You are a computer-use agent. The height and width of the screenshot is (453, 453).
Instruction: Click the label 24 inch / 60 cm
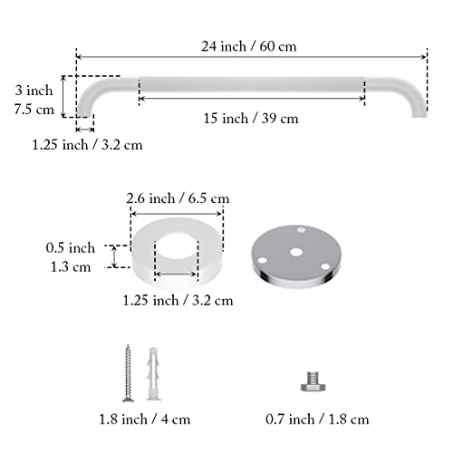pyautogui.click(x=249, y=46)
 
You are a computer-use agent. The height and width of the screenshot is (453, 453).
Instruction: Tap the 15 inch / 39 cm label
pyautogui.click(x=251, y=118)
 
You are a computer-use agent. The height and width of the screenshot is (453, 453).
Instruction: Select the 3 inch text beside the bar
pyautogui.click(x=34, y=91)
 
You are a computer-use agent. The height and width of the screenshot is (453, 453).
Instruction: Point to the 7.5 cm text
pyautogui.click(x=34, y=109)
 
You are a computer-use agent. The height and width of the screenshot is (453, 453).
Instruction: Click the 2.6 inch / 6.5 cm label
pyautogui.click(x=178, y=198)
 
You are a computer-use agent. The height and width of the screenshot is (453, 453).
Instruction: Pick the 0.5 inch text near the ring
pyautogui.click(x=71, y=248)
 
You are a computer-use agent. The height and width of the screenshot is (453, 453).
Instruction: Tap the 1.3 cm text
pyautogui.click(x=71, y=267)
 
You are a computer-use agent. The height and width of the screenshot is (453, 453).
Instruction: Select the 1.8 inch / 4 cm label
pyautogui.click(x=145, y=419)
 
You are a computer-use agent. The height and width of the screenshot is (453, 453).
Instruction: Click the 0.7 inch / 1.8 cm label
pyautogui.click(x=317, y=419)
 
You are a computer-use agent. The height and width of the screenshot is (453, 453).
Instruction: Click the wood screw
pyautogui.click(x=129, y=373)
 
